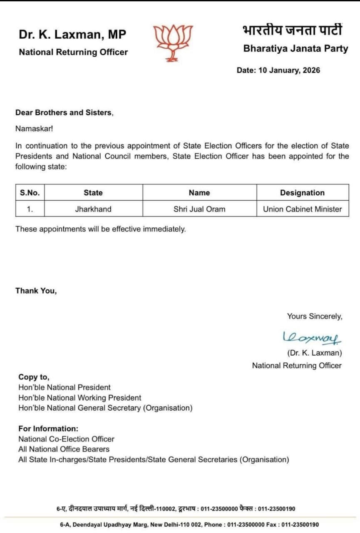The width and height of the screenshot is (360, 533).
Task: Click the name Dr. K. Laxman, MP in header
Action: (x=72, y=35)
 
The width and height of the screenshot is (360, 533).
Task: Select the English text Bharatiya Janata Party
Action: (x=295, y=48)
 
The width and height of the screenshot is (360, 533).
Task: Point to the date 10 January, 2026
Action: (x=278, y=70)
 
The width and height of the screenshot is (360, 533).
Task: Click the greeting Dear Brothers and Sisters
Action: (x=64, y=112)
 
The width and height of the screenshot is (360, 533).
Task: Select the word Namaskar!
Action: (x=34, y=129)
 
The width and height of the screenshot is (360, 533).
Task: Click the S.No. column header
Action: (x=30, y=193)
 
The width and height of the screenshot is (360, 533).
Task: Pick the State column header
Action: (x=93, y=193)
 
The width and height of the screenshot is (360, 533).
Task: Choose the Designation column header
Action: (x=302, y=193)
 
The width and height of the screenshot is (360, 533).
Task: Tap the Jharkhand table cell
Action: (x=93, y=209)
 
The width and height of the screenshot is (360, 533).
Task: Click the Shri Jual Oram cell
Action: (x=199, y=209)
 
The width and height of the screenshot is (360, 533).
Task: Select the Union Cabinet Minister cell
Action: (x=302, y=209)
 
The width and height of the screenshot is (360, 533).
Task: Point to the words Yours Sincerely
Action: (x=315, y=316)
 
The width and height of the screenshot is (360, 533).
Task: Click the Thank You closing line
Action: (x=36, y=291)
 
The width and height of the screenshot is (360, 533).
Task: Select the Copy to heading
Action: (x=34, y=377)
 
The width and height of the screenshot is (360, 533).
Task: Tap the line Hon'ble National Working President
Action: (x=79, y=398)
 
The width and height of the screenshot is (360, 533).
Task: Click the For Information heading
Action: (x=48, y=428)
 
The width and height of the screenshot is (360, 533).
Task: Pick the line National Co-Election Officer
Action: (x=66, y=439)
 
